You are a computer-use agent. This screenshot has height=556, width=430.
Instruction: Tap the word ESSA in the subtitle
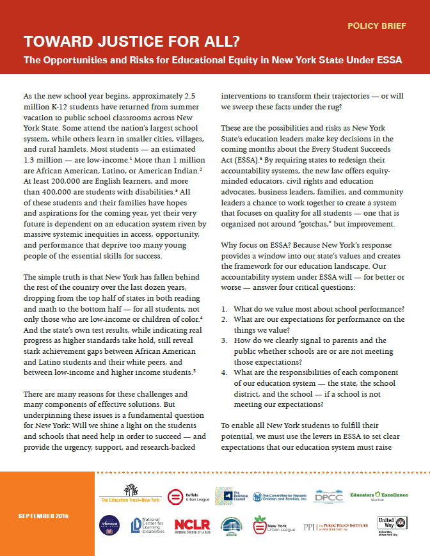388,61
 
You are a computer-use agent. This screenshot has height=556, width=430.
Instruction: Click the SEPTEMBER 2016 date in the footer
44,516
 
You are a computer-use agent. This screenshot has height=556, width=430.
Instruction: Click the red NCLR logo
193,525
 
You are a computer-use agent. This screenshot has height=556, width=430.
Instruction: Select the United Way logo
387,526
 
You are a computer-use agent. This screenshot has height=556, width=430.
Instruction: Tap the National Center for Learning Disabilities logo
147,525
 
